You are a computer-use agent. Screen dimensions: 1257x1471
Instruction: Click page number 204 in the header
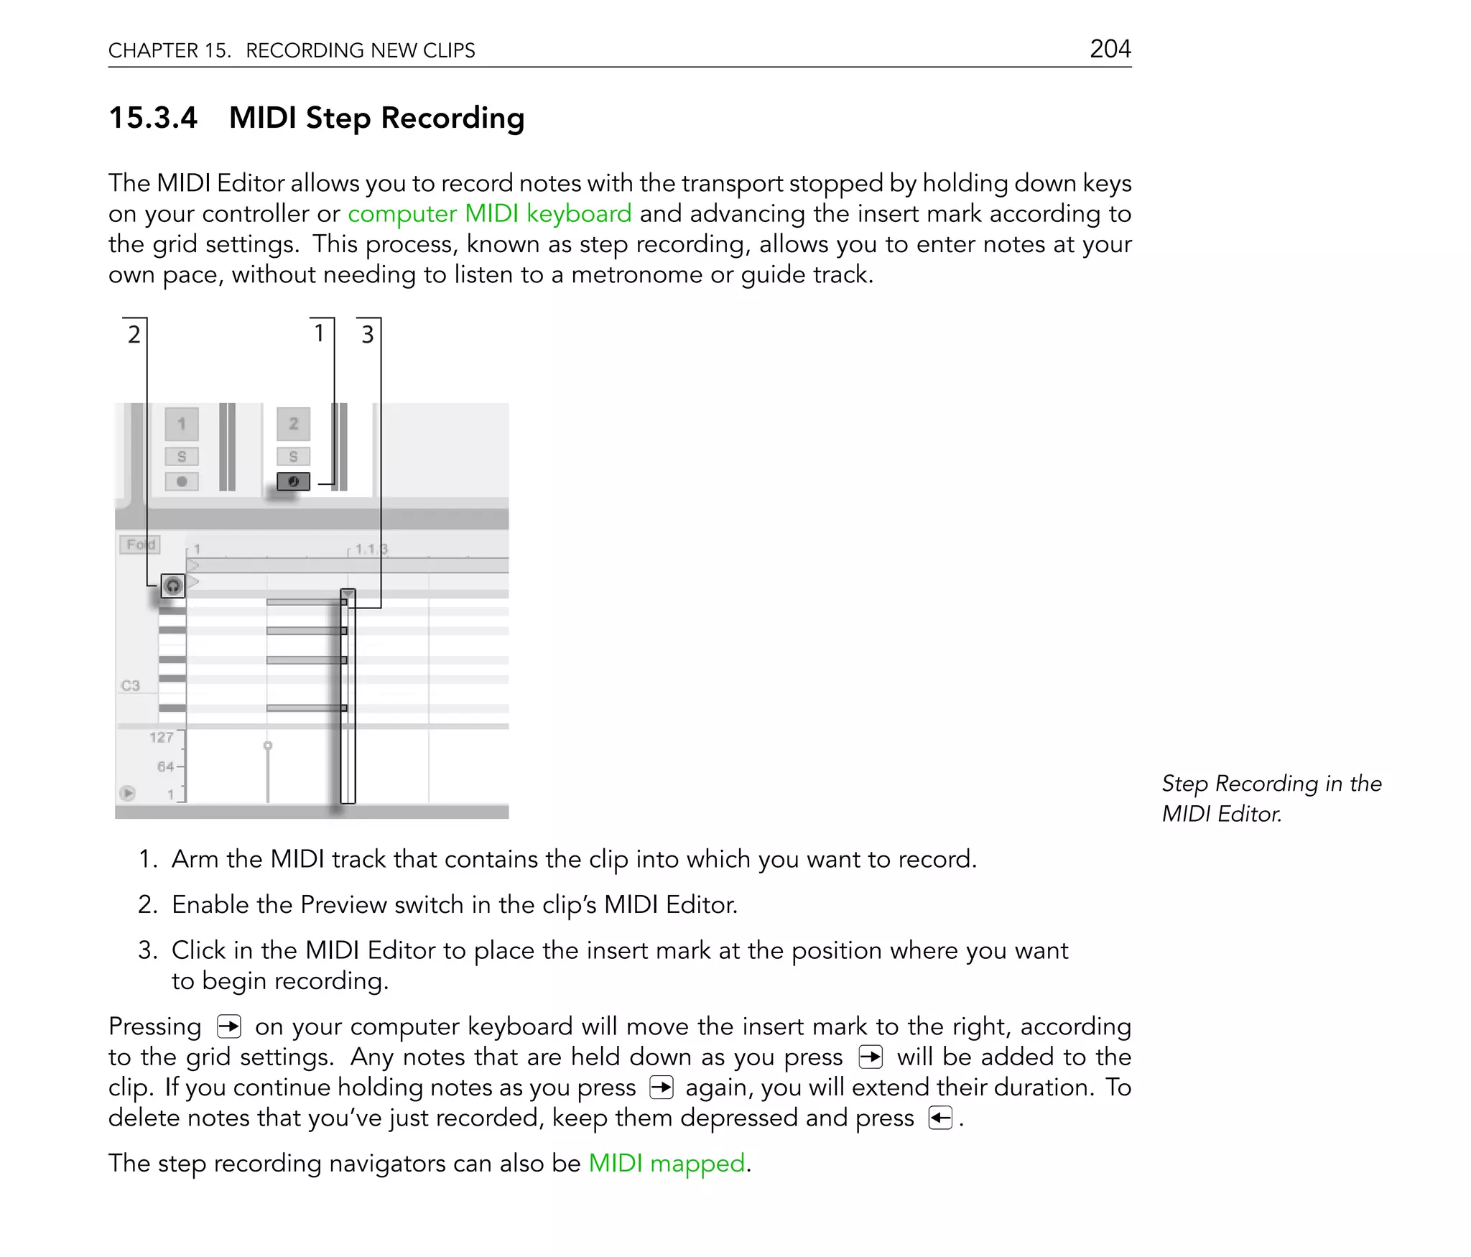[x=1110, y=49]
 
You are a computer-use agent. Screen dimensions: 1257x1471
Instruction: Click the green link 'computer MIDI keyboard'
[x=489, y=214]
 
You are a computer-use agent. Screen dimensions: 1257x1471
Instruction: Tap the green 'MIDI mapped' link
[x=667, y=1163]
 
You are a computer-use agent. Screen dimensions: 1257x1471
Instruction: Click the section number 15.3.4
[x=152, y=118]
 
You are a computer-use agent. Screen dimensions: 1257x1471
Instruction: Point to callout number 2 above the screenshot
[x=134, y=334]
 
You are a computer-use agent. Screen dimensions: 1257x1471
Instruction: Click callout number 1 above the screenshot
[x=320, y=333]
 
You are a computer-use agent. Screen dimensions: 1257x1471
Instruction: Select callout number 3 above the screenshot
[x=367, y=334]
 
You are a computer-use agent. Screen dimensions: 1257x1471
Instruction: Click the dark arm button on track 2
[x=293, y=481]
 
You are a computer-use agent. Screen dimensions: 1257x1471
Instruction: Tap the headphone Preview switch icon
[x=172, y=586]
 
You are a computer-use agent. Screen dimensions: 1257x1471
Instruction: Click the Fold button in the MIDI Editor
[x=140, y=544]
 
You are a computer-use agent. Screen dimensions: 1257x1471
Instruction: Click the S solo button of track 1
[x=182, y=456]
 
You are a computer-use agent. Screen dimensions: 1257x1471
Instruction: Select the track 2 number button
[x=293, y=424]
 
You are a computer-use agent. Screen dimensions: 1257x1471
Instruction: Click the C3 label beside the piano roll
[x=131, y=685]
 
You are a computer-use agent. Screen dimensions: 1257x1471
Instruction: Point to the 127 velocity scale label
[x=161, y=737]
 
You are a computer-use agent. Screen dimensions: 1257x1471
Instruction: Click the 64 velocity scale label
[x=165, y=766]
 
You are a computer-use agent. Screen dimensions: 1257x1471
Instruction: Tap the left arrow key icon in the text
[x=939, y=1118]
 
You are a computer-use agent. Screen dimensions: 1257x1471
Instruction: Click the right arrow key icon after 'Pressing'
[x=228, y=1026]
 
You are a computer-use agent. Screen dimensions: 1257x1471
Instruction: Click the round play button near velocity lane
[x=128, y=793]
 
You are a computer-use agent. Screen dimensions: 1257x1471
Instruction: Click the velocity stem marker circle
[x=268, y=746]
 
